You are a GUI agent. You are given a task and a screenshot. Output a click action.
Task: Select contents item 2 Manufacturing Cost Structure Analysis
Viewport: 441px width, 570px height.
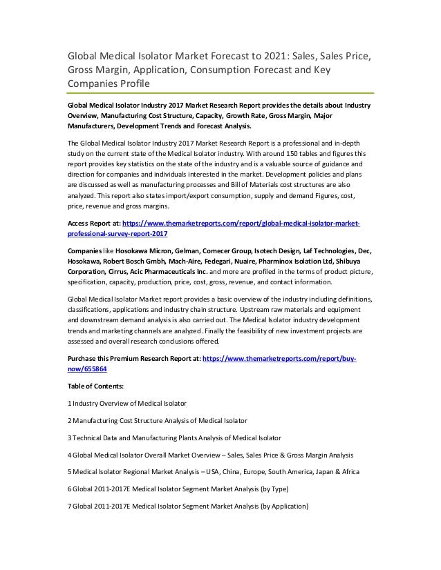(158, 420)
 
